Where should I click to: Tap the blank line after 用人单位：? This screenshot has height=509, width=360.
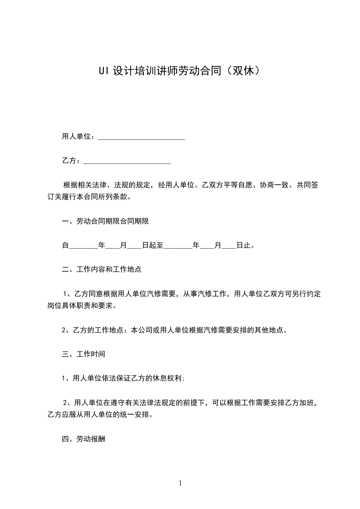[x=142, y=137]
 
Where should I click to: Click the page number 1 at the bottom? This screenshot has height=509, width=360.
[x=180, y=483]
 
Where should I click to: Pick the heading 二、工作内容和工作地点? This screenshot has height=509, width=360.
[x=102, y=269]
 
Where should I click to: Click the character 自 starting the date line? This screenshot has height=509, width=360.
[x=65, y=246]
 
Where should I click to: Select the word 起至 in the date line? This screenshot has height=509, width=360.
[x=156, y=246]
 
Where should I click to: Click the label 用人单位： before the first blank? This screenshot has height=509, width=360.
[x=78, y=137]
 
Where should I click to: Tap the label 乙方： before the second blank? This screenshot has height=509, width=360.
[x=71, y=161]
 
